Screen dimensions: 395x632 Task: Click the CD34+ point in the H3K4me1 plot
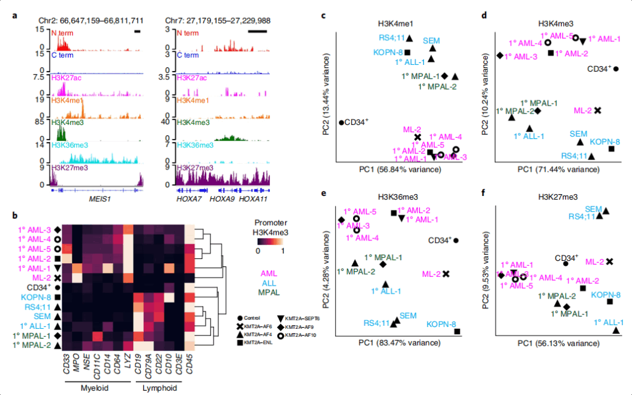coord(341,122)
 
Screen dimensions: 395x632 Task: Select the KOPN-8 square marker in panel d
coord(611,149)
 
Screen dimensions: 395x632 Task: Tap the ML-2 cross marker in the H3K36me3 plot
coord(445,273)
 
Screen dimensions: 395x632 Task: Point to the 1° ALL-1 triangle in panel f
coord(616,331)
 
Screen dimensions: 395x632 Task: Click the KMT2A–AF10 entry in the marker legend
coord(299,335)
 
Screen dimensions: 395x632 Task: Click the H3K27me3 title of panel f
coord(555,197)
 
